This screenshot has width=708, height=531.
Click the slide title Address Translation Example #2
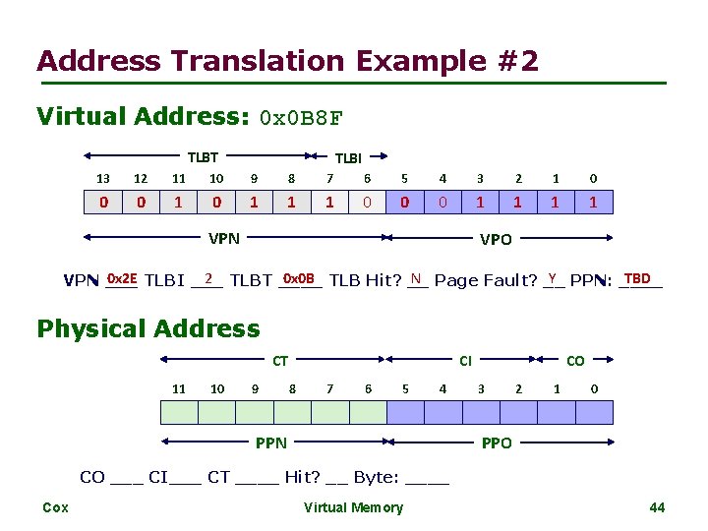[287, 61]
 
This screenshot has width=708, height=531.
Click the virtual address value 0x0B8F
[300, 119]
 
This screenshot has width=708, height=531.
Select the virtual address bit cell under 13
[103, 204]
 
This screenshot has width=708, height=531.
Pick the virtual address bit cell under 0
[593, 204]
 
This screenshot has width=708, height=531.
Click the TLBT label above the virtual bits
[203, 156]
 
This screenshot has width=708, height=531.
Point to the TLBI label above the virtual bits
[348, 157]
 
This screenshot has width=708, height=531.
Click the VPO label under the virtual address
[495, 239]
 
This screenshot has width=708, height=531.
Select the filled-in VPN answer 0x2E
[122, 278]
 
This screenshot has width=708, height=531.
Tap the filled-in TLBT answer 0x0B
[298, 278]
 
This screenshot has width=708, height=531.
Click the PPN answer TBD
[636, 278]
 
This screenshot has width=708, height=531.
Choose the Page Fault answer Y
[553, 278]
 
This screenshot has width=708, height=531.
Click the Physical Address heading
[148, 328]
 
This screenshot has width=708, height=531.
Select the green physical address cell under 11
[178, 410]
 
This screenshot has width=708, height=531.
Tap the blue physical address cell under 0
[593, 410]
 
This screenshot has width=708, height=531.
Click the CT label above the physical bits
[280, 361]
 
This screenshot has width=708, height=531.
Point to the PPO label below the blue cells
[497, 443]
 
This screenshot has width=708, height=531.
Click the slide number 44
[658, 507]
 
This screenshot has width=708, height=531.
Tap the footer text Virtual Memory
[353, 507]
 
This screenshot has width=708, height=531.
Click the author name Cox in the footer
[56, 507]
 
